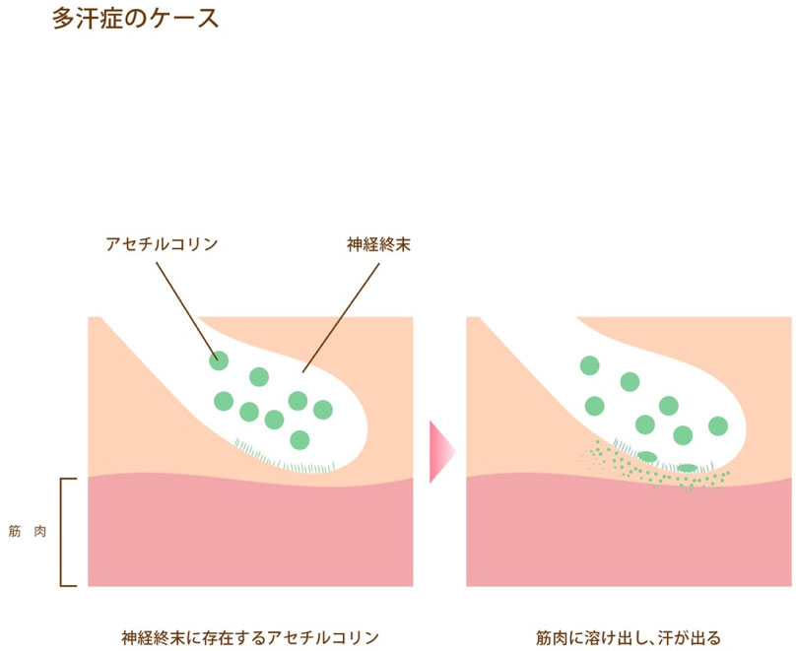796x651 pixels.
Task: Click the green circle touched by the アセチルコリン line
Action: point(218,360)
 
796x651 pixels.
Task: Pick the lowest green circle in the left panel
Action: point(299,439)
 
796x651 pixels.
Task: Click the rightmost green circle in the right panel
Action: point(718,425)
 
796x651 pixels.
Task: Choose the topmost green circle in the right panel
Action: point(589,365)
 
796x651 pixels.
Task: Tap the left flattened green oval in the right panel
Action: point(646,456)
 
